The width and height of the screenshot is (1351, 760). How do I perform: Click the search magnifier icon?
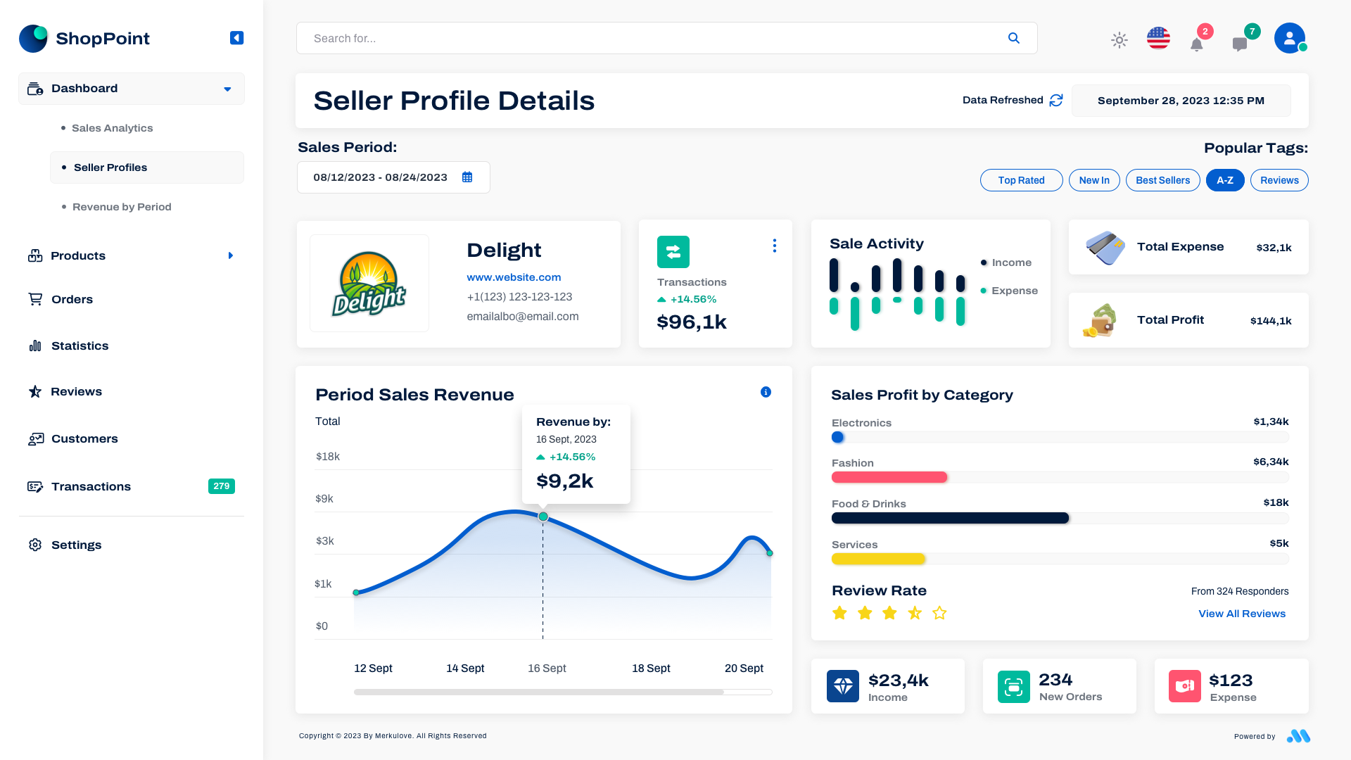pyautogui.click(x=1013, y=38)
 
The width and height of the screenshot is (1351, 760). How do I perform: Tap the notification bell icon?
pyautogui.click(x=1196, y=44)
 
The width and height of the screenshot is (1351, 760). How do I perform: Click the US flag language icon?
pyautogui.click(x=1158, y=38)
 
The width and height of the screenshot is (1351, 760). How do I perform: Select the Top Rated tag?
pyautogui.click(x=1021, y=180)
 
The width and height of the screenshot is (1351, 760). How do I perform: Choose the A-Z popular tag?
pyautogui.click(x=1224, y=180)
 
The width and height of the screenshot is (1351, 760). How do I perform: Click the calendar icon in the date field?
pyautogui.click(x=467, y=177)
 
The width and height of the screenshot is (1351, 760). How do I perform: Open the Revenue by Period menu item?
pyautogui.click(x=122, y=207)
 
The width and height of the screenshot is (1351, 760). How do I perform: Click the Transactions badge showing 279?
pyautogui.click(x=221, y=486)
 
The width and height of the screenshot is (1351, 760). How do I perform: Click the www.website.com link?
pyautogui.click(x=514, y=277)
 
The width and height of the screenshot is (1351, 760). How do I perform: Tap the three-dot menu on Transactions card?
pyautogui.click(x=774, y=246)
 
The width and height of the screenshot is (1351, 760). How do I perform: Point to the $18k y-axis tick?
pyautogui.click(x=327, y=457)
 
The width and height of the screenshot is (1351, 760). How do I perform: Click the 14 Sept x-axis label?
pyautogui.click(x=465, y=668)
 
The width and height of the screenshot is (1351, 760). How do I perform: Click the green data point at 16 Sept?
pyautogui.click(x=543, y=517)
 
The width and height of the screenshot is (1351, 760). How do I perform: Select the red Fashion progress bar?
pyautogui.click(x=889, y=477)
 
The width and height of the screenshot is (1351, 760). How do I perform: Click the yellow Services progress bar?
pyautogui.click(x=877, y=559)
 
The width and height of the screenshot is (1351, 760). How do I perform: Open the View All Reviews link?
pyautogui.click(x=1241, y=614)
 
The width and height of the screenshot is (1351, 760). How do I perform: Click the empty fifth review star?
pyautogui.click(x=939, y=613)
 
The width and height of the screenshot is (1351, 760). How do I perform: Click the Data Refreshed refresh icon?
pyautogui.click(x=1055, y=101)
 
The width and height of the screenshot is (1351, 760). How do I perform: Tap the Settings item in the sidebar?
pyautogui.click(x=76, y=545)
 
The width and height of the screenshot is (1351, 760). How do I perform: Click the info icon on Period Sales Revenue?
pyautogui.click(x=766, y=392)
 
